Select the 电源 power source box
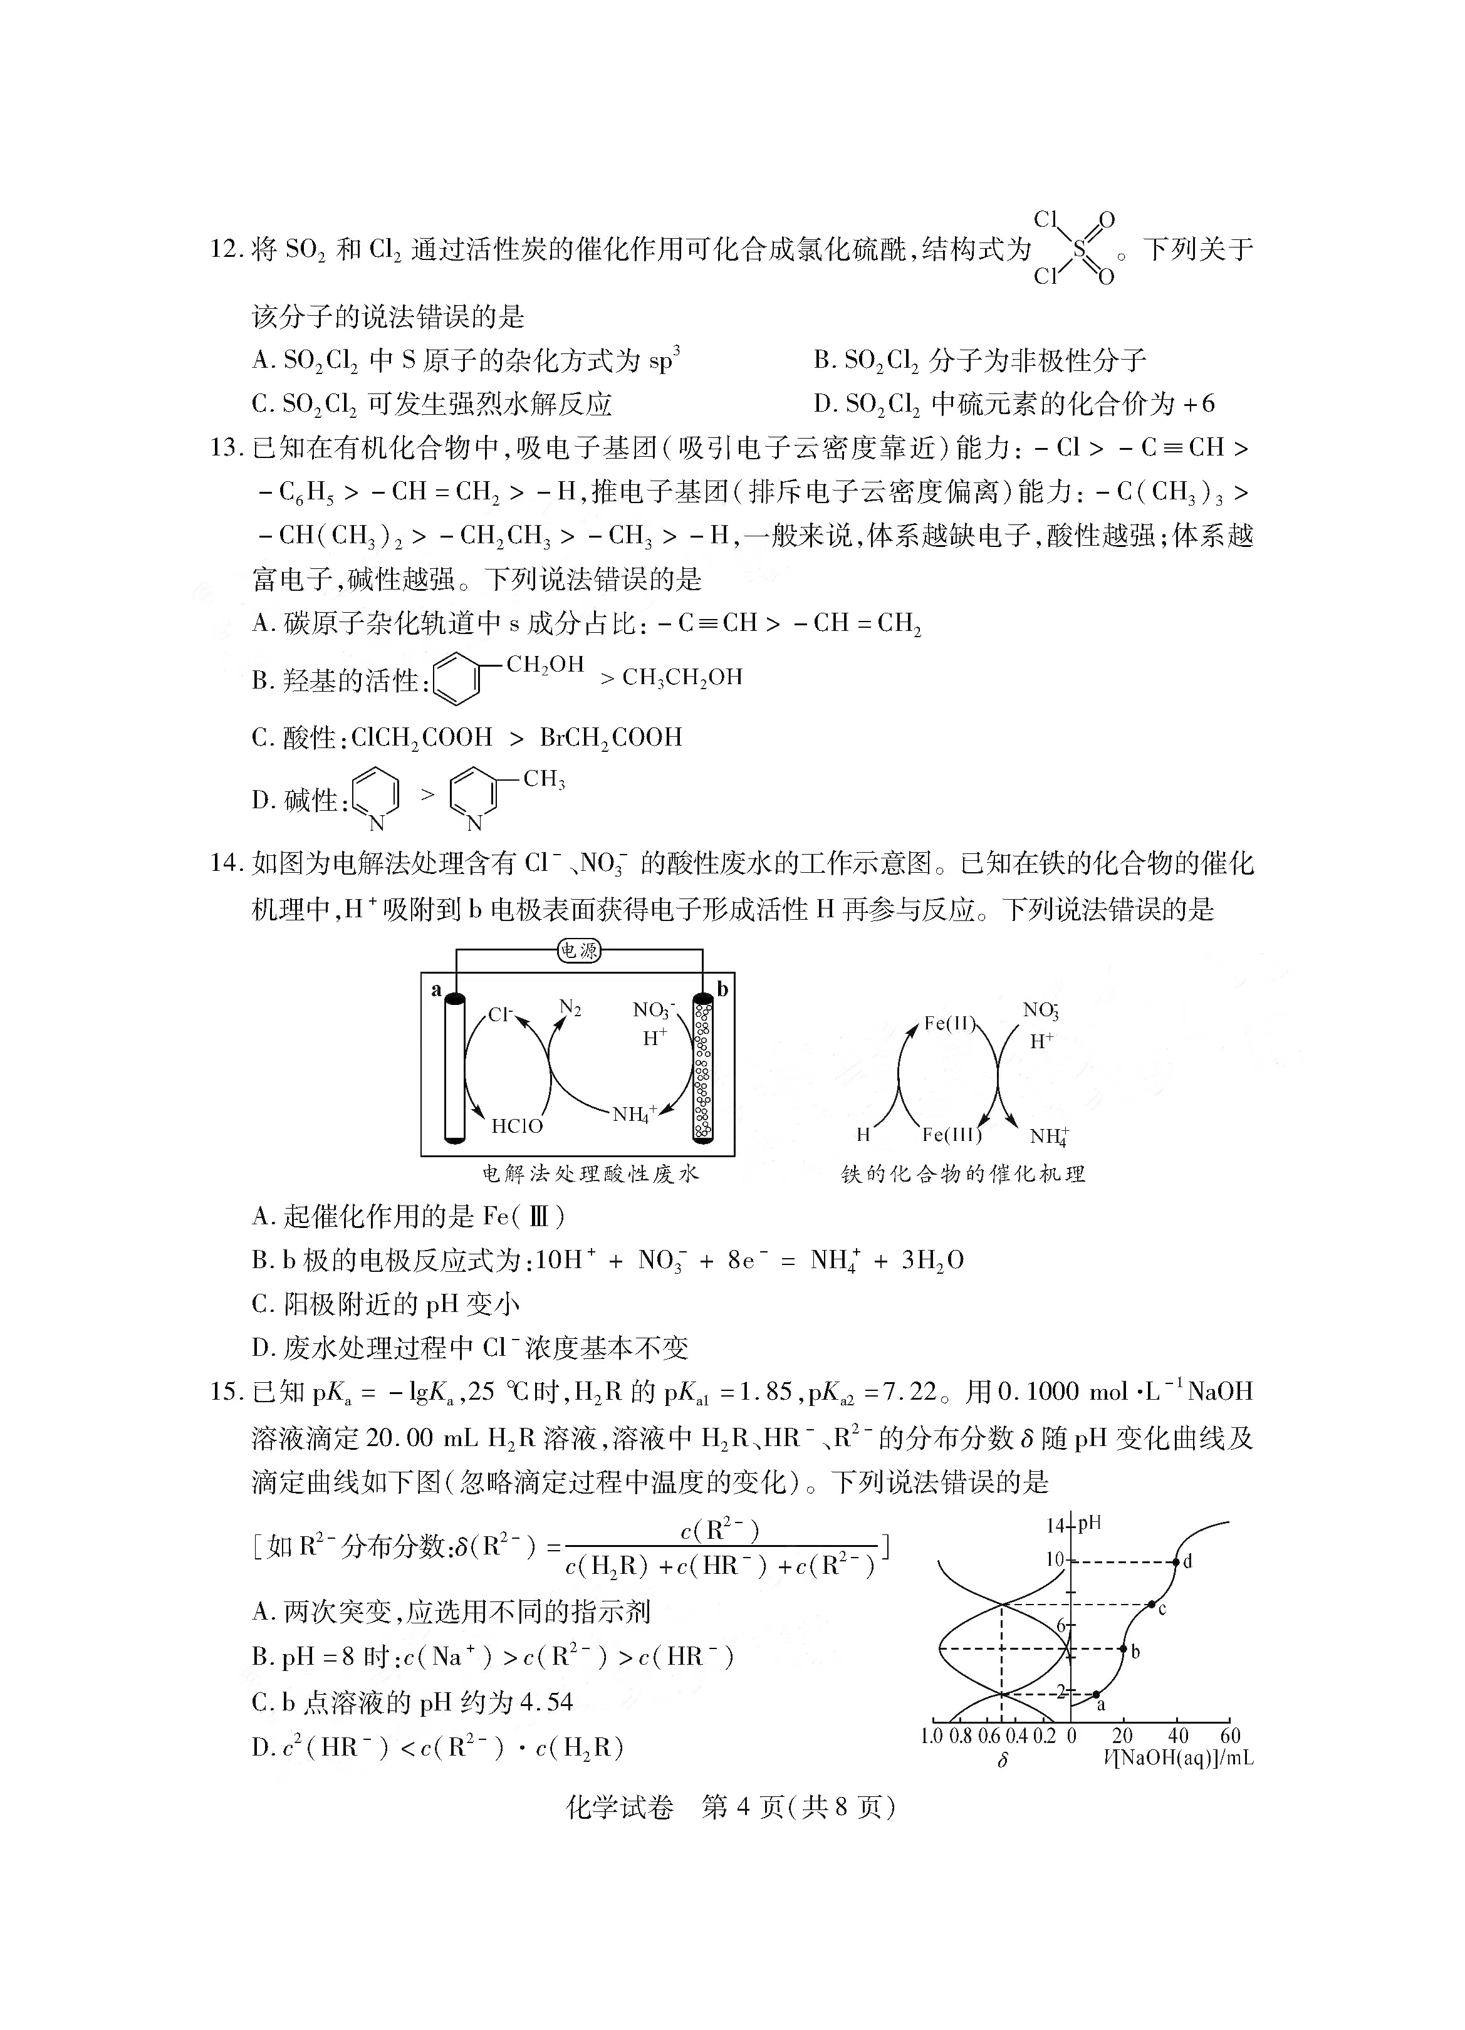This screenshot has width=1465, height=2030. (578, 950)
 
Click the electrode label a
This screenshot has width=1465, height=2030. (437, 988)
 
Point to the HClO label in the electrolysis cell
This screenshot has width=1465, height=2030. (518, 1126)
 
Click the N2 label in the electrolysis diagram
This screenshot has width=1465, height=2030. (570, 1008)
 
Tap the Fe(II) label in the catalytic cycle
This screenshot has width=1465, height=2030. (949, 1022)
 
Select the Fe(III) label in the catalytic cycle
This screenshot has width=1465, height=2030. (951, 1135)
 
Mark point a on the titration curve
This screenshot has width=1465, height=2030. (1097, 1694)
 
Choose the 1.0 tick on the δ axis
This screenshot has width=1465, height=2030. (932, 1736)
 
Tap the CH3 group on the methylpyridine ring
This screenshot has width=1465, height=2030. (544, 779)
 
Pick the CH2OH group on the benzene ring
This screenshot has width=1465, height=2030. (545, 664)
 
